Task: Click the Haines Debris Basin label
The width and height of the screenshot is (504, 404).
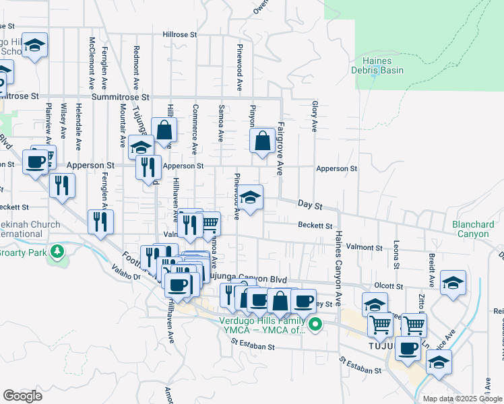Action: (x=377, y=65)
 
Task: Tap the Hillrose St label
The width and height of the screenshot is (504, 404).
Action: (x=179, y=34)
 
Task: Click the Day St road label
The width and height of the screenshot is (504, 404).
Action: (x=311, y=203)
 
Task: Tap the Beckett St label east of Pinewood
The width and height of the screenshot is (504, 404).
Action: (x=316, y=226)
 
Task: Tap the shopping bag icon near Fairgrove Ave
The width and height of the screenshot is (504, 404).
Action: (x=262, y=142)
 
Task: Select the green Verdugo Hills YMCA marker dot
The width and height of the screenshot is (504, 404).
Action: (x=314, y=327)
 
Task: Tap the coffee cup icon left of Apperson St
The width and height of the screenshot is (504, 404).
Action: (x=35, y=161)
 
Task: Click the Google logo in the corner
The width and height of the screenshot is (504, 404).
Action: (x=22, y=396)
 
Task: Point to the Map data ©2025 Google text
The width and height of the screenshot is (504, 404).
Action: (x=461, y=399)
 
